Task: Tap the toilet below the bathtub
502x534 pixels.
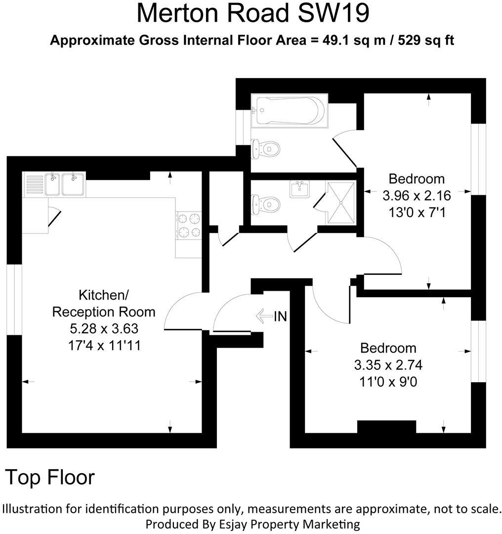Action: point(265,147)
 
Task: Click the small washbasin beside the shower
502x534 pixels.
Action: point(299,189)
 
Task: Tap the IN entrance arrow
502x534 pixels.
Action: point(271,315)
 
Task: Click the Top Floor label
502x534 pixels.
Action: point(50,477)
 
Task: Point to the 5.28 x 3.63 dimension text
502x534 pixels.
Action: point(104,328)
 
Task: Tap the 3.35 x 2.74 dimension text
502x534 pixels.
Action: point(388,365)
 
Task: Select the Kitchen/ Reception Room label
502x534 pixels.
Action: point(104,304)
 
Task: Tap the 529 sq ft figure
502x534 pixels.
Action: point(422,41)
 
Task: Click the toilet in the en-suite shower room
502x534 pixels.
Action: point(265,203)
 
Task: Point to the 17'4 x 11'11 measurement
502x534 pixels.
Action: point(104,345)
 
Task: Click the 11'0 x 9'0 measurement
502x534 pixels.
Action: point(388,382)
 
